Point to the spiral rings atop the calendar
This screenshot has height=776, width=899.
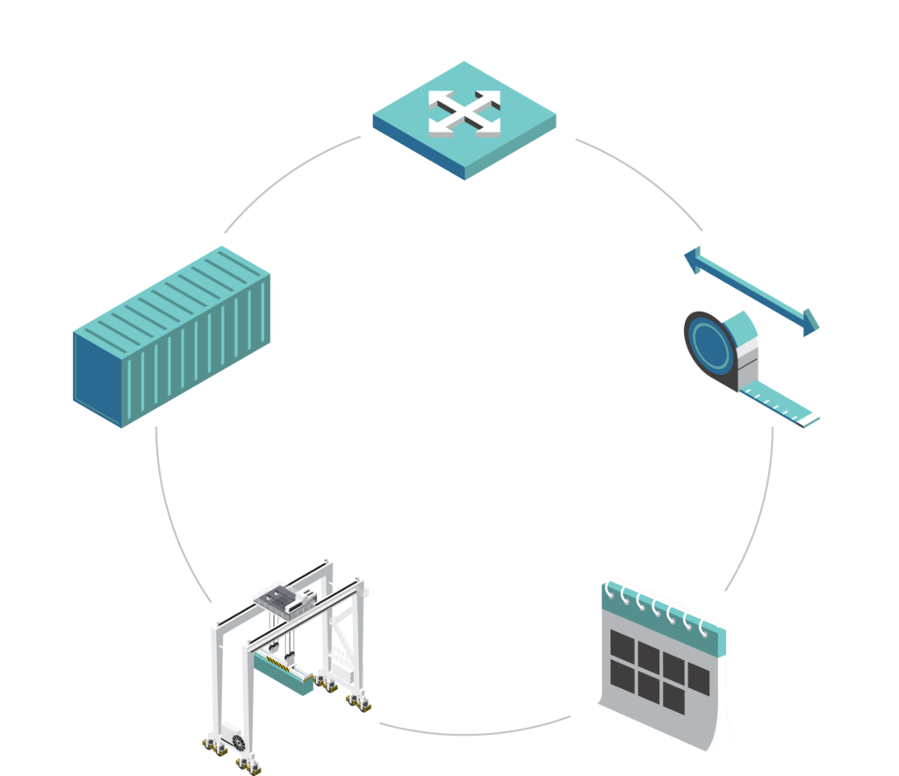point(661,604)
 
